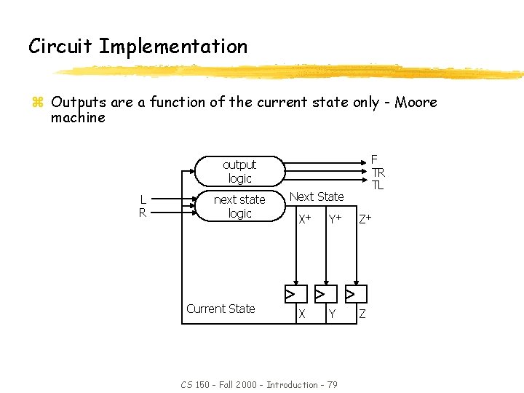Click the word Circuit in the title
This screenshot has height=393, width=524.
60,47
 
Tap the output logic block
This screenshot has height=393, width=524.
239,172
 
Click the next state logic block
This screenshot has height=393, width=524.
239,206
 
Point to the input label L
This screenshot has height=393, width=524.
144,199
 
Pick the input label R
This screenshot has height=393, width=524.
144,213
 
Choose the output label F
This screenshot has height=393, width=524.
374,159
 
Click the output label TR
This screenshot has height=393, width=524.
378,172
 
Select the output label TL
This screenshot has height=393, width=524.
378,186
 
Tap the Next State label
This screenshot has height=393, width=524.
317,196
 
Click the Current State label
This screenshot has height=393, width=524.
221,309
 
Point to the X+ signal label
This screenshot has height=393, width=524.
305,218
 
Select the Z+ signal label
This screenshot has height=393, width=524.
365,218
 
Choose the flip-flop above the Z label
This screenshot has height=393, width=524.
356,294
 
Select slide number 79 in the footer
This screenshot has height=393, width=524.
331,384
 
